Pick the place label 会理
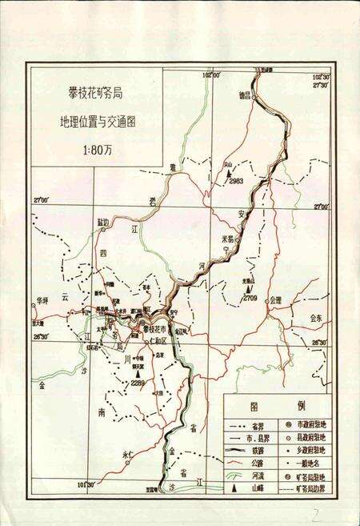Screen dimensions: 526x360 coord(276,299)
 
